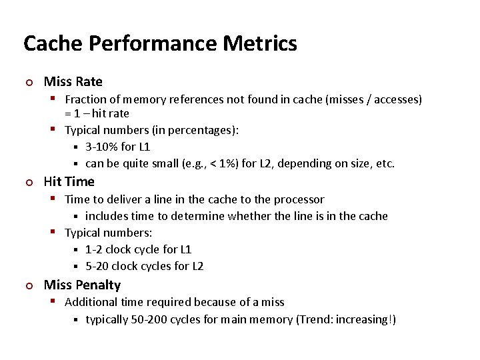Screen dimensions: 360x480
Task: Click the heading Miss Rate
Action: (73, 82)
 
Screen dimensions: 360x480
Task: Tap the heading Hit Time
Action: (69, 181)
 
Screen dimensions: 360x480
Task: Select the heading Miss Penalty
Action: (82, 285)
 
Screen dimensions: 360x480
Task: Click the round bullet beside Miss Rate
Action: (29, 83)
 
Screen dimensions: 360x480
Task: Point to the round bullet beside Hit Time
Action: (29, 182)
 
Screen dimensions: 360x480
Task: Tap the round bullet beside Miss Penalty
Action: (29, 286)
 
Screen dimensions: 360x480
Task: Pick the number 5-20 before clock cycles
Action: (97, 266)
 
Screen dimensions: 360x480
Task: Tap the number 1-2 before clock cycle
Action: (94, 249)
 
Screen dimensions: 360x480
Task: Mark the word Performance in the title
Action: (153, 44)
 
